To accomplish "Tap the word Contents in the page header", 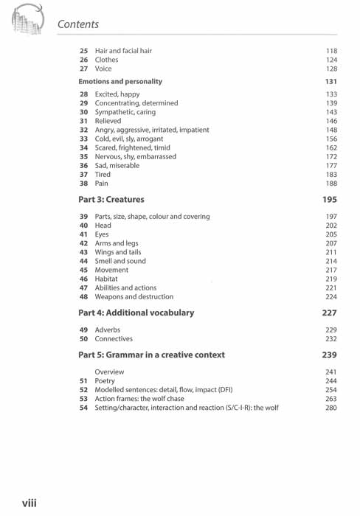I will [77, 24].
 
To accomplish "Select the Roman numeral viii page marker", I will [30, 503].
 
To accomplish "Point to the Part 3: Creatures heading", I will [111, 199].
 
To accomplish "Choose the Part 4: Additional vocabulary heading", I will [136, 313].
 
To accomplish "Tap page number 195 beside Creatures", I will [330, 199].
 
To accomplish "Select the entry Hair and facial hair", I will [123, 51].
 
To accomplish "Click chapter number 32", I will [83, 130].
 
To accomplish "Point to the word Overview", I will [109, 372].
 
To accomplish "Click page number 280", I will [330, 407].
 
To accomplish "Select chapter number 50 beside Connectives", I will [83, 339].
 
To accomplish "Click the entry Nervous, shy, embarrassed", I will [136, 156].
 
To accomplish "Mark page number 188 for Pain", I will [330, 183].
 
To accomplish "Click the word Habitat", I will [108, 279].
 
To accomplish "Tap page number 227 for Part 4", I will [330, 313].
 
